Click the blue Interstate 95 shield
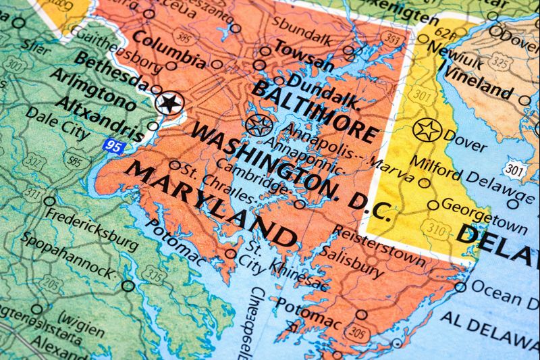coord(113,145)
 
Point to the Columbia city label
coord(169,48)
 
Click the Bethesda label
coord(111,70)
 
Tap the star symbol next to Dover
coord(427,130)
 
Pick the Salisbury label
coord(351,260)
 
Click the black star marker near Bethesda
coord(169,103)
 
